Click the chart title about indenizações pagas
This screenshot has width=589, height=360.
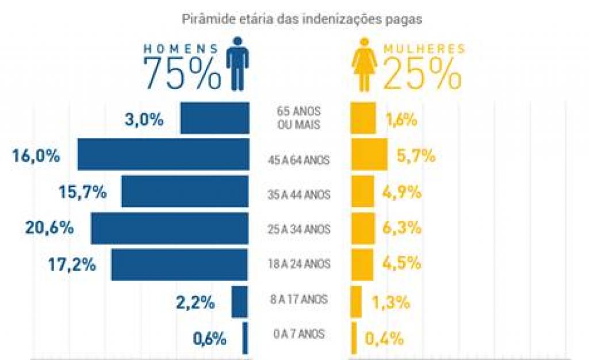[302, 20]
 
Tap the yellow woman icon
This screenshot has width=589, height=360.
[364, 64]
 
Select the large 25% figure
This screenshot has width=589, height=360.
[421, 74]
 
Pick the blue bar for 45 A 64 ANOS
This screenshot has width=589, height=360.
[163, 154]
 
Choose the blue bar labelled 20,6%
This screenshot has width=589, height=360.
[170, 228]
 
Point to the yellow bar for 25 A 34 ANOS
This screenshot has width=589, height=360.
[363, 228]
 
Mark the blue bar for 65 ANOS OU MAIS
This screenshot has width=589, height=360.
[215, 118]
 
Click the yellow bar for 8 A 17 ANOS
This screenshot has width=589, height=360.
[357, 301]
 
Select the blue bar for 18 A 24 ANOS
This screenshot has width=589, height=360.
[179, 265]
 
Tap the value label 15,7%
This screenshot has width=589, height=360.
[83, 193]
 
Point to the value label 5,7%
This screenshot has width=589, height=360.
[416, 156]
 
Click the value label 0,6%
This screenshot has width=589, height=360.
[210, 339]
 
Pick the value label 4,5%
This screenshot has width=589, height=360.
[402, 264]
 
